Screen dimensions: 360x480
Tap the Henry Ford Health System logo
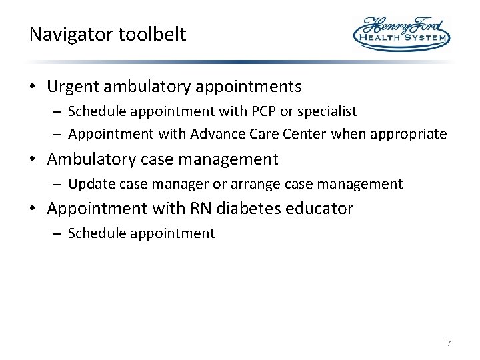(401, 33)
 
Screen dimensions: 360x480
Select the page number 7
(449, 343)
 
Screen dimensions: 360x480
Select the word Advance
(214, 134)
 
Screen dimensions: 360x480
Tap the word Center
(303, 134)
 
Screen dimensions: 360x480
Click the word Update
(88, 184)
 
